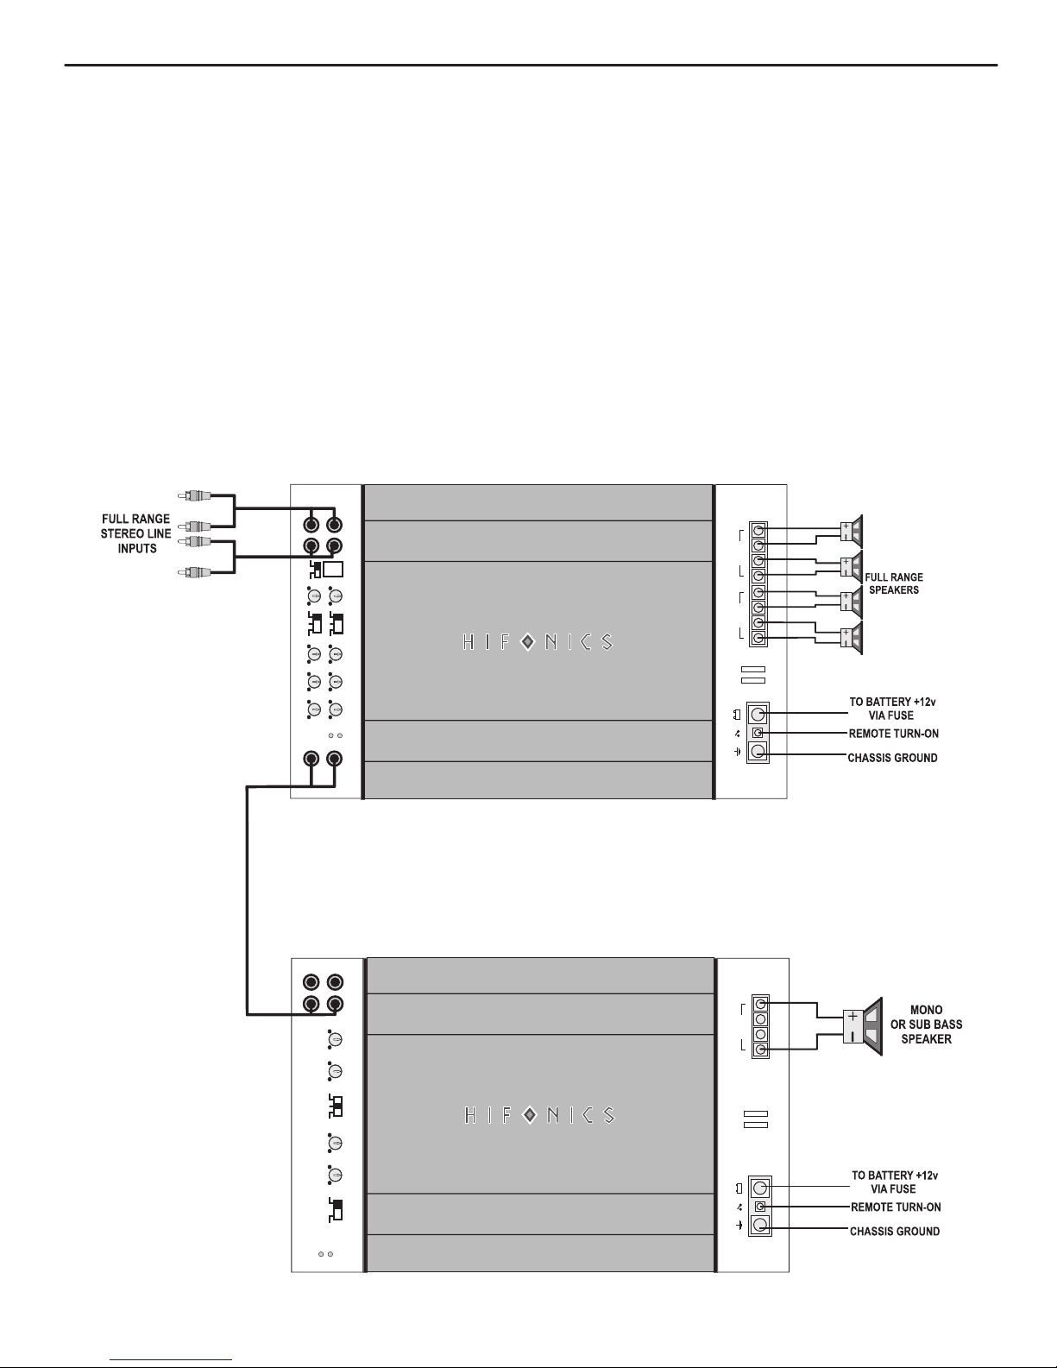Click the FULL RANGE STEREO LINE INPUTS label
pos(136,533)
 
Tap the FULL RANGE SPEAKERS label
pos(893,583)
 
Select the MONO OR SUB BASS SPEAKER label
pos(926,1024)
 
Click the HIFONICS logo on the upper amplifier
pos(538,642)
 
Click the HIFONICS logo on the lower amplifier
pos(539,1116)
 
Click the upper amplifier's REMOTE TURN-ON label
pos(893,734)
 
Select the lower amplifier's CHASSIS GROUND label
pos(895,1232)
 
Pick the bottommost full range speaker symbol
pos(852,638)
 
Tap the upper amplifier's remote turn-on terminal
pos(758,733)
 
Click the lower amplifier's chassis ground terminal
pos(760,1225)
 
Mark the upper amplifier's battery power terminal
pos(758,714)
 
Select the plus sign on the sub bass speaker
pos(853,1016)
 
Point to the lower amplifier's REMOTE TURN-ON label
pos(896,1207)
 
